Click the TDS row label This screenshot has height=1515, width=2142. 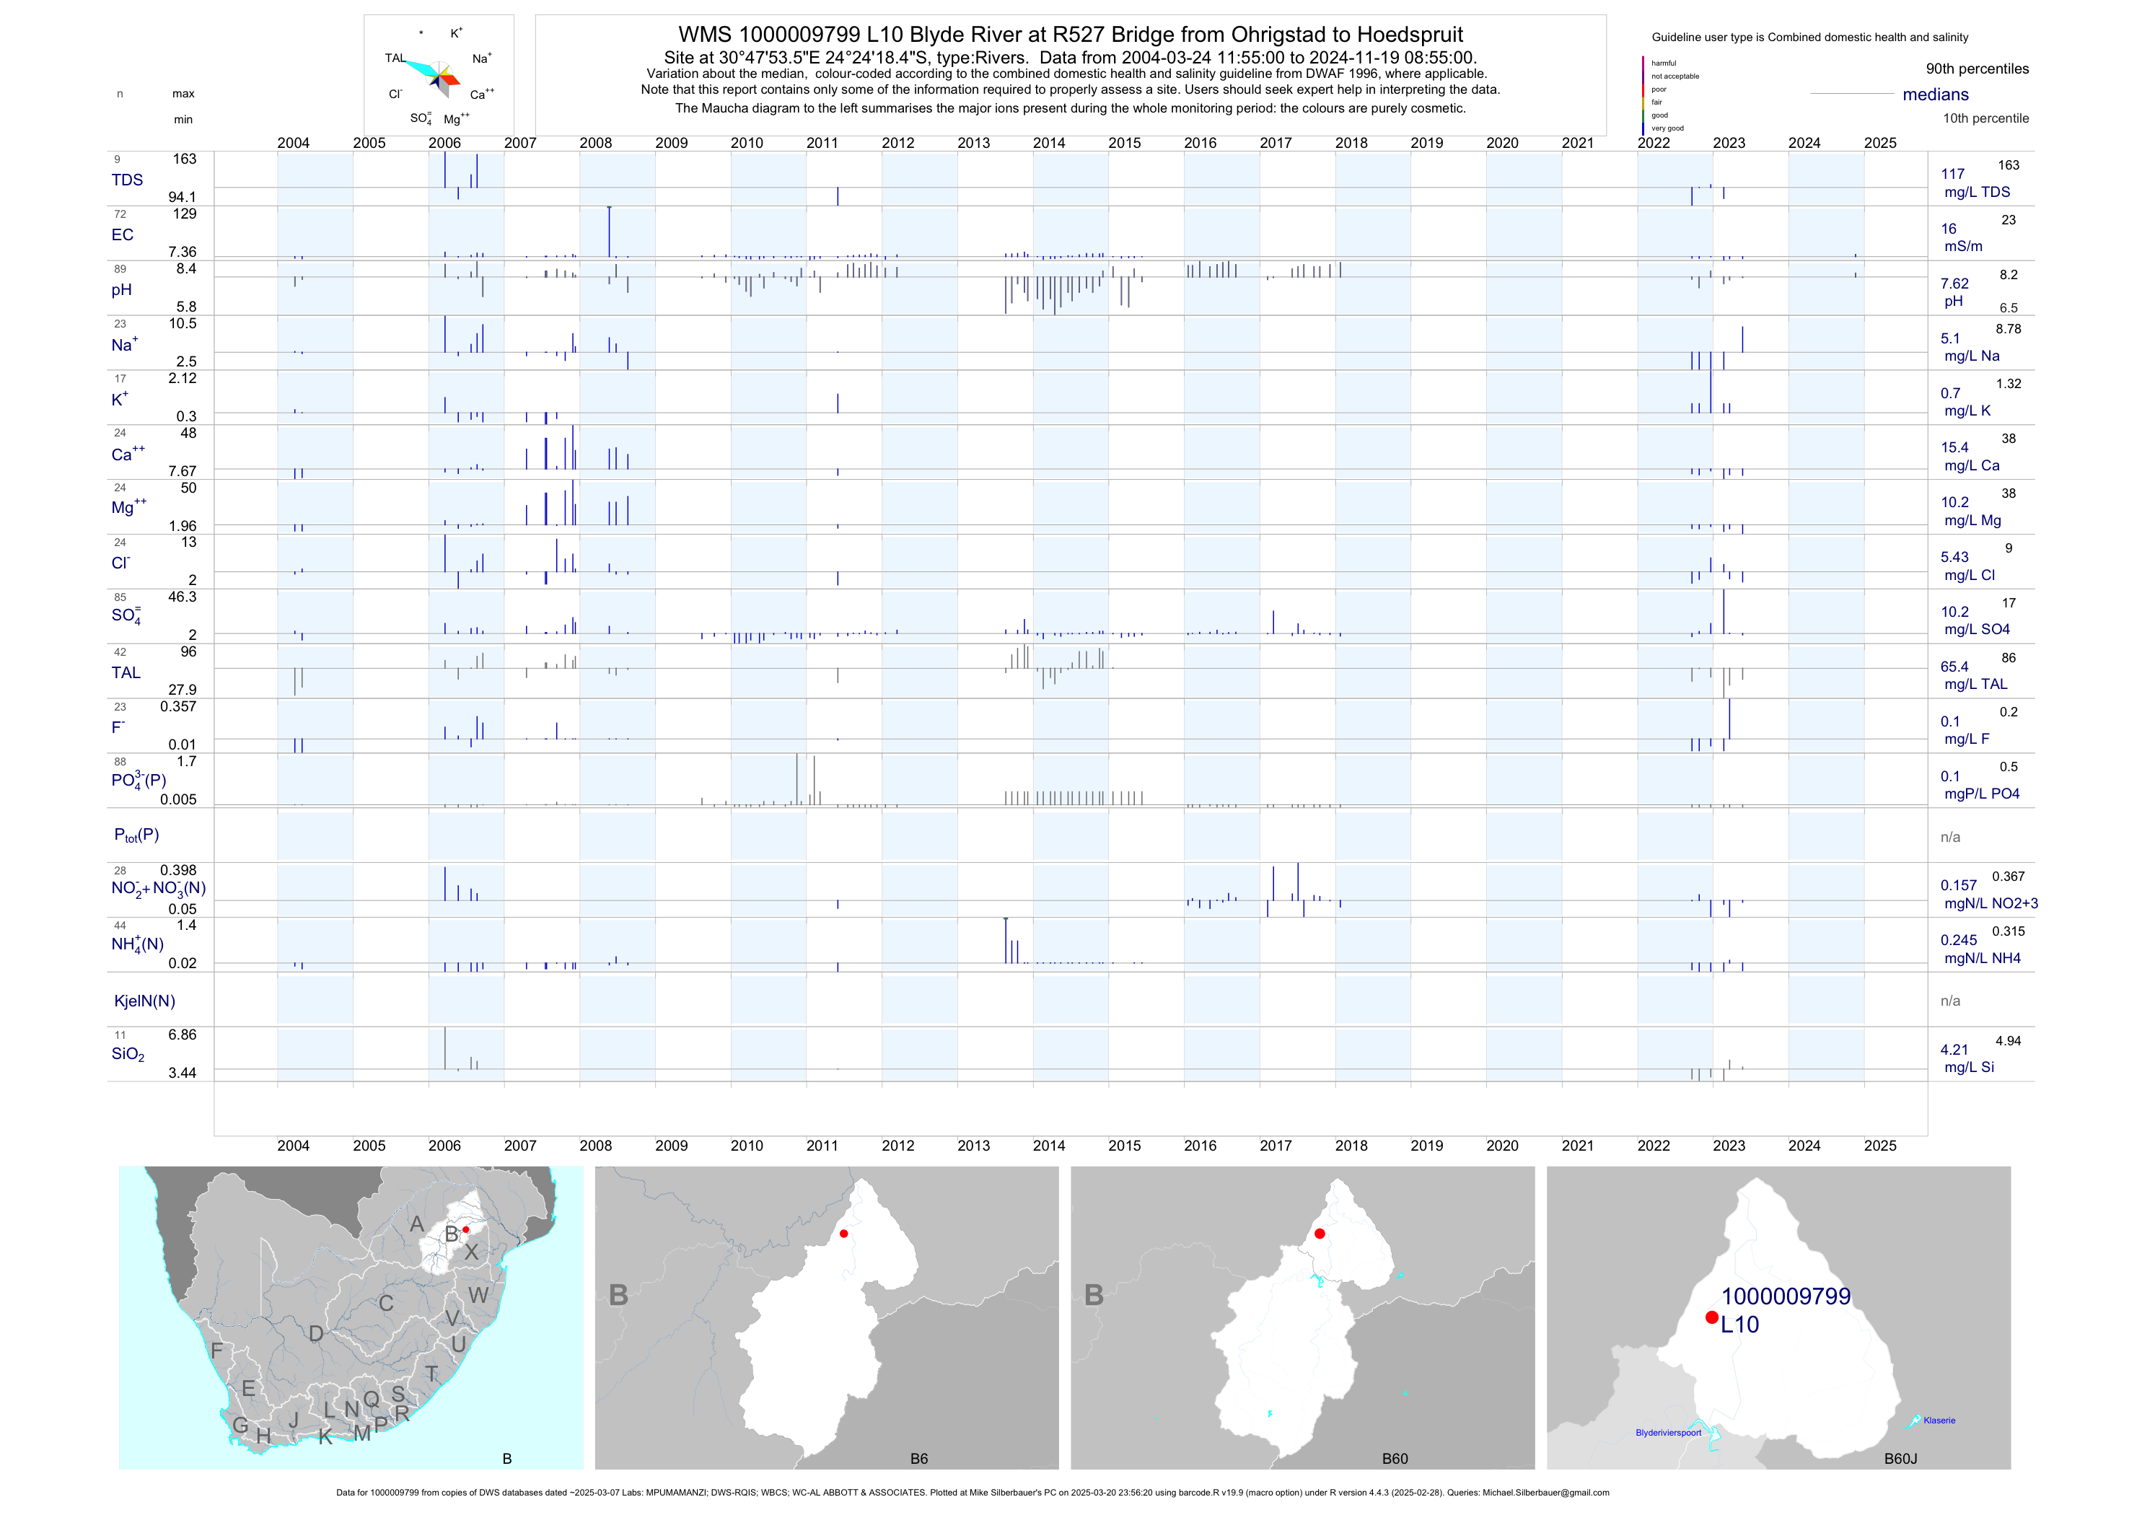(x=127, y=180)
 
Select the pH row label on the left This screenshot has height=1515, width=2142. (x=121, y=290)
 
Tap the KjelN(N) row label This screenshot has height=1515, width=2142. (x=144, y=1001)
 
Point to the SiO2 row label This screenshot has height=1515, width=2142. (x=128, y=1054)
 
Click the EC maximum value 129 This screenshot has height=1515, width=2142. (x=185, y=214)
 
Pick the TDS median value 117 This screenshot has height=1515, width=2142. (x=1952, y=175)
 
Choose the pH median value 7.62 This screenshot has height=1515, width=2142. (x=1954, y=284)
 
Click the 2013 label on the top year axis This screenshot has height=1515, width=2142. (x=973, y=143)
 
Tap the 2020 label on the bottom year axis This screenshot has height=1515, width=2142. (x=1502, y=1146)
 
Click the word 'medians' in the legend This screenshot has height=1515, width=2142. (x=1936, y=95)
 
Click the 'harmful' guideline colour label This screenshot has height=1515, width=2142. (x=1664, y=63)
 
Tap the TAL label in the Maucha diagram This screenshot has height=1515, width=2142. (x=395, y=58)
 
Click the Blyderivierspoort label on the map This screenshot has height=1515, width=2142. (x=1668, y=1433)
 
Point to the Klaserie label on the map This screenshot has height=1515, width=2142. (x=1939, y=1420)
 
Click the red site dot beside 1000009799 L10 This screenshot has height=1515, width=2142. (x=1711, y=1317)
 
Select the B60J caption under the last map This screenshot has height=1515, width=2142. (x=1900, y=1459)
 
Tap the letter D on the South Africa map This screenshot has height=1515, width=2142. (x=316, y=1334)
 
